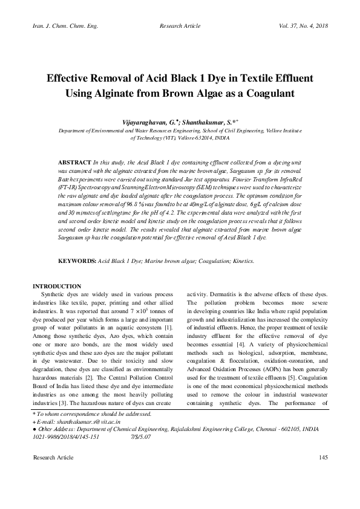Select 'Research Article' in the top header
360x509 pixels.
point(179,27)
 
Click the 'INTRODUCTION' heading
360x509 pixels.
point(57,286)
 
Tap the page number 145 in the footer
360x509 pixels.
point(322,459)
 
